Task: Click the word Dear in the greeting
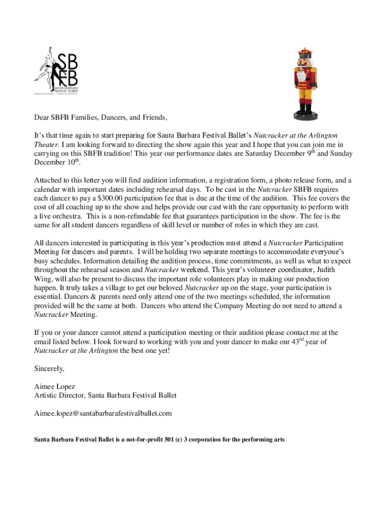point(42,118)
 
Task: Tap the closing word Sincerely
point(49,368)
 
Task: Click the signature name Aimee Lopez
point(54,387)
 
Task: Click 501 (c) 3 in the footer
point(181,440)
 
